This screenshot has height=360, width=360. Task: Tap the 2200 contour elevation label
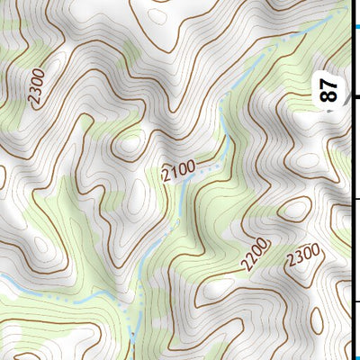(256, 256)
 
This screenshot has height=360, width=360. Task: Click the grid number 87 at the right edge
(330, 90)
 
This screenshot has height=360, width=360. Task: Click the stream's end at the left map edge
(2, 285)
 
